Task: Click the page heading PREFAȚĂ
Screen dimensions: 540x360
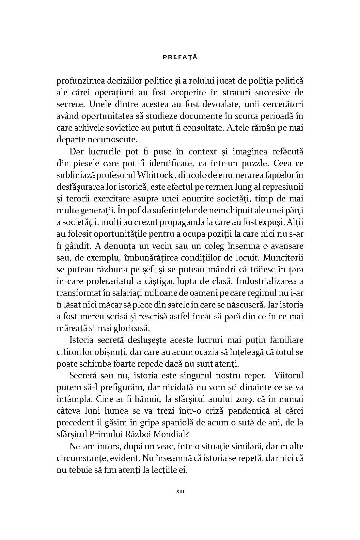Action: (x=180, y=57)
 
